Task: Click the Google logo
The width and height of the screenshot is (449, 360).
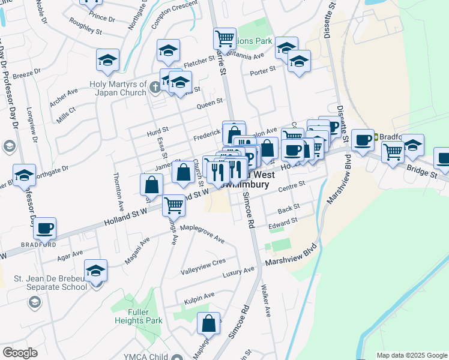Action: [20, 353]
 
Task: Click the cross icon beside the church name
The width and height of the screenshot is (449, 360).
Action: [155, 88]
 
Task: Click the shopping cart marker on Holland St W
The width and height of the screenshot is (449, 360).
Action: [174, 205]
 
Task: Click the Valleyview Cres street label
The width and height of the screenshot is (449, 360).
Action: [203, 265]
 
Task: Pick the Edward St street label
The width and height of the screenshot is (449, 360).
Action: [283, 223]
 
